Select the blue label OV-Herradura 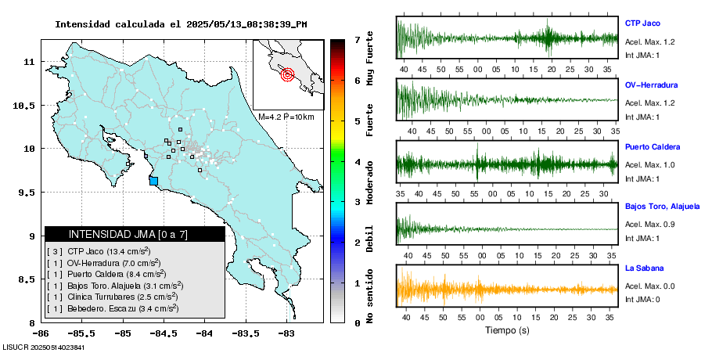[651, 85]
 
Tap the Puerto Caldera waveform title [653, 147]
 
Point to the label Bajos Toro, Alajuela [662, 207]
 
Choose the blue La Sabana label [643, 268]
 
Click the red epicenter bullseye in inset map [287, 75]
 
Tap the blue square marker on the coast [153, 181]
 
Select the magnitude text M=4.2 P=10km [286, 117]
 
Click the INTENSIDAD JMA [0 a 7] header [135, 234]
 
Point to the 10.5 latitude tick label [28, 106]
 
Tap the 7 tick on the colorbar [357, 39]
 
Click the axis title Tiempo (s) [507, 330]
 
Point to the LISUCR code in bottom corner [43, 346]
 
